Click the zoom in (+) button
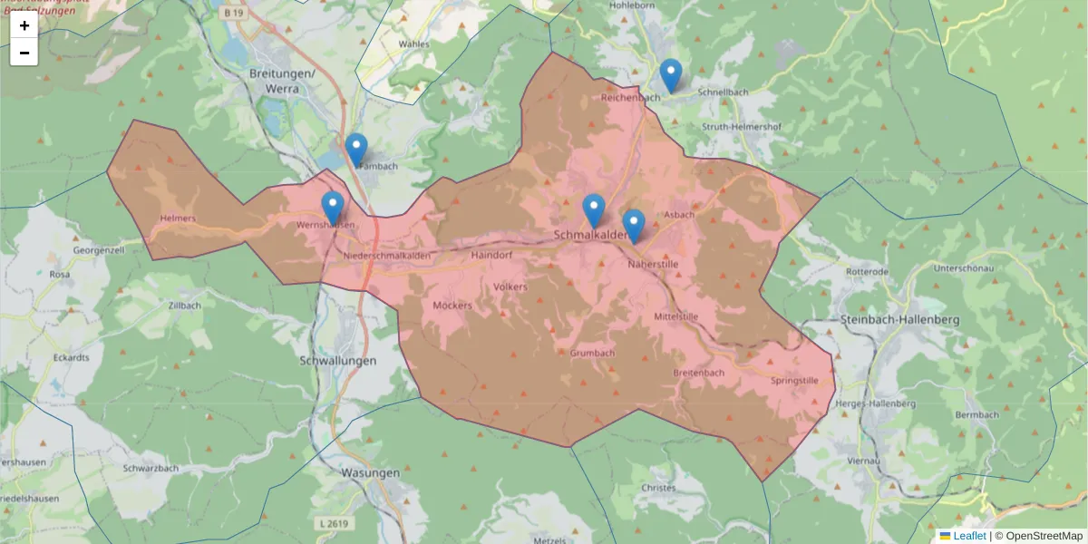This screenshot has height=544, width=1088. pyautogui.click(x=24, y=25)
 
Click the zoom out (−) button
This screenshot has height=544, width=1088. pyautogui.click(x=24, y=53)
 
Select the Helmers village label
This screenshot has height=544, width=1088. pyautogui.click(x=177, y=219)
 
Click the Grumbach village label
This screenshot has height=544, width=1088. pyautogui.click(x=593, y=353)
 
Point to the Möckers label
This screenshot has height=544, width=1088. pyautogui.click(x=452, y=306)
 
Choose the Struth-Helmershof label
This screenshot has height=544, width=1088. pyautogui.click(x=742, y=127)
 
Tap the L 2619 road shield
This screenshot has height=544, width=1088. pyautogui.click(x=335, y=523)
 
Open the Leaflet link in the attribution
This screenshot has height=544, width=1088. pyautogui.click(x=968, y=536)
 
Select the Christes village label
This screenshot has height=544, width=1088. pyautogui.click(x=658, y=488)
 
